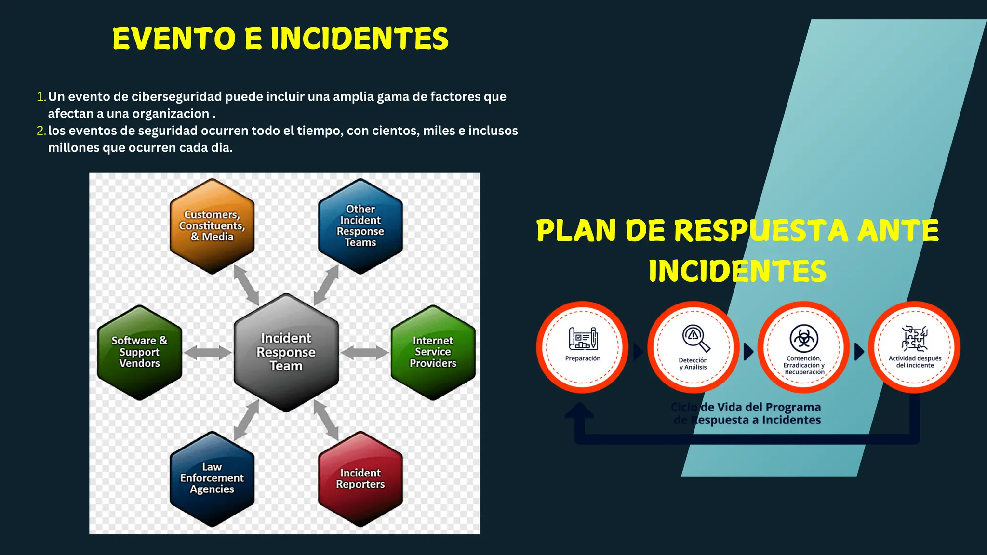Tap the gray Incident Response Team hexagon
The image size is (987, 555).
click(286, 352)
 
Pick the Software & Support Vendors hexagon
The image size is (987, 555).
click(140, 352)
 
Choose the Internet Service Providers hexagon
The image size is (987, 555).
click(433, 352)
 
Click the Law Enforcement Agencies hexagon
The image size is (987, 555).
click(212, 478)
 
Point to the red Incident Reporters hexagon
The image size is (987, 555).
click(360, 478)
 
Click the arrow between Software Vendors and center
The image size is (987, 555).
click(208, 353)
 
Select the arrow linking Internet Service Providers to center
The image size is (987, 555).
click(365, 353)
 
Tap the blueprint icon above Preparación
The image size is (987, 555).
click(583, 338)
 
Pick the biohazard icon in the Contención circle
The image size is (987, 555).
click(804, 338)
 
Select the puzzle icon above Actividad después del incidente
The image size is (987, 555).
click(915, 338)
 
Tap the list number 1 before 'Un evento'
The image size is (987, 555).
click(41, 97)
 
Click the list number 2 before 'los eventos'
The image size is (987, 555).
click(41, 131)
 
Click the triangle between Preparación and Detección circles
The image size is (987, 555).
click(638, 352)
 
